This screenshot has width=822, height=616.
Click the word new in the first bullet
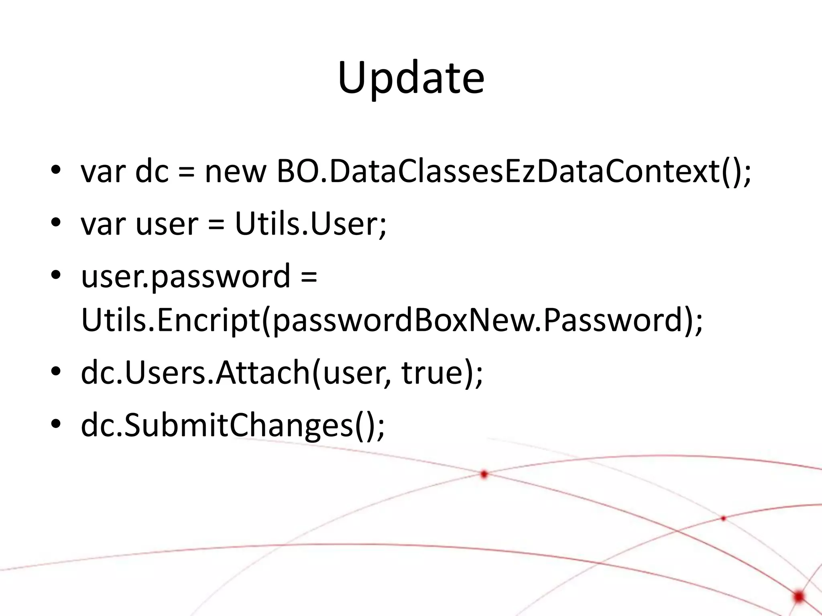click(235, 172)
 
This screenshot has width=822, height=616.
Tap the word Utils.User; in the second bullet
click(311, 224)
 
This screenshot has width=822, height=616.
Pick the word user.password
click(185, 277)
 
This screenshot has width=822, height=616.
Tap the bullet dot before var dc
click(56, 170)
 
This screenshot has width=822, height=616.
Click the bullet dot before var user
click(56, 222)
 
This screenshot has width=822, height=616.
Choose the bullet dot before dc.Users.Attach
click(56, 371)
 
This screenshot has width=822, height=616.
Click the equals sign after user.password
click(309, 278)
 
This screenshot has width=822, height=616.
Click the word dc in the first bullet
click(152, 172)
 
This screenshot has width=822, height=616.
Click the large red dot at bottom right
click(798, 597)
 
